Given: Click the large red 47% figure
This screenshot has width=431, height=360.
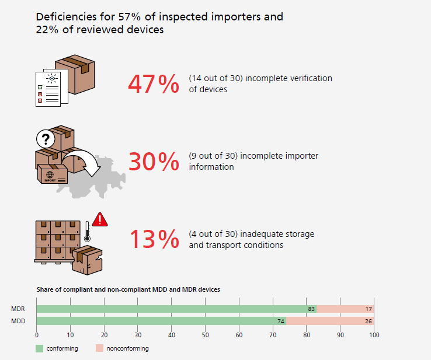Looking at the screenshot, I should click(x=153, y=84).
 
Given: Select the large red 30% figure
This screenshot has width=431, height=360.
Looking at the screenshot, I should click(x=153, y=162).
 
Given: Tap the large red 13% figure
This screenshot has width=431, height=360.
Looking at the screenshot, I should click(x=153, y=239).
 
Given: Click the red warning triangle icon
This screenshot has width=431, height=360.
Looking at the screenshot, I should click(x=100, y=219).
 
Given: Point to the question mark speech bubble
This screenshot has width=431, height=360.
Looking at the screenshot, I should click(x=45, y=139).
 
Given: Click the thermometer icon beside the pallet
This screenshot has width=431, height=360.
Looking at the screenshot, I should click(x=86, y=232).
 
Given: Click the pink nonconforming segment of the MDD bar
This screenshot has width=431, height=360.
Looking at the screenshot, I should click(x=330, y=321).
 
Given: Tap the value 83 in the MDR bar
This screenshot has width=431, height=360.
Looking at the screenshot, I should click(x=311, y=309).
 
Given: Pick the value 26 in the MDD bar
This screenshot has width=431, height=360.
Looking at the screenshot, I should click(x=369, y=321).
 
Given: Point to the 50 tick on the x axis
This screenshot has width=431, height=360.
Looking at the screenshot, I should click(x=205, y=335).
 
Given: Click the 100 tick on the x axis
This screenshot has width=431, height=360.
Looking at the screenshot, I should click(x=374, y=335).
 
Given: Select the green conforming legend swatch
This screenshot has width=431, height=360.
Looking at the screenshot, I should click(x=40, y=348).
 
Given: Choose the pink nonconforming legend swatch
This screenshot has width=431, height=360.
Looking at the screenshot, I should click(x=99, y=348).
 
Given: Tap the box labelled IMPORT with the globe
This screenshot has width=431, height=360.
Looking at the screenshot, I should click(x=53, y=174).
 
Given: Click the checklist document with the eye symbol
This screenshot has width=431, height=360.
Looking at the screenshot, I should click(x=48, y=88).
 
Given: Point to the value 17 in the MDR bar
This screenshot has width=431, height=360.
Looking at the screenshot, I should click(x=369, y=309).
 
